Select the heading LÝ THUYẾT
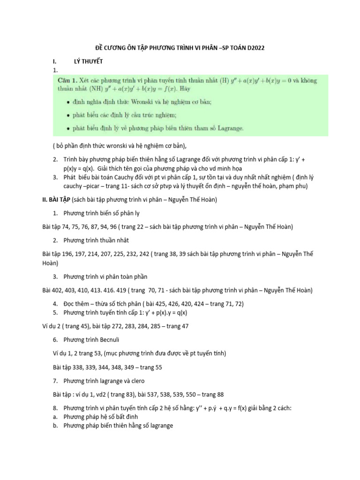(x=88, y=61)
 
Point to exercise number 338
(x=79, y=367)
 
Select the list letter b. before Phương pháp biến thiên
(x=55, y=426)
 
